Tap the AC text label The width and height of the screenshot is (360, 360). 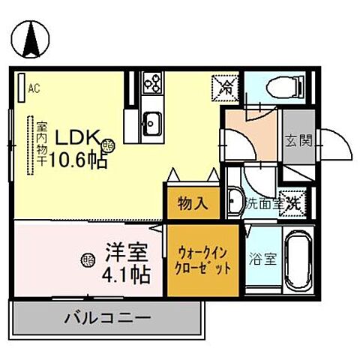click(34, 88)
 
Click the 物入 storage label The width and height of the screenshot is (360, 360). click(192, 202)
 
